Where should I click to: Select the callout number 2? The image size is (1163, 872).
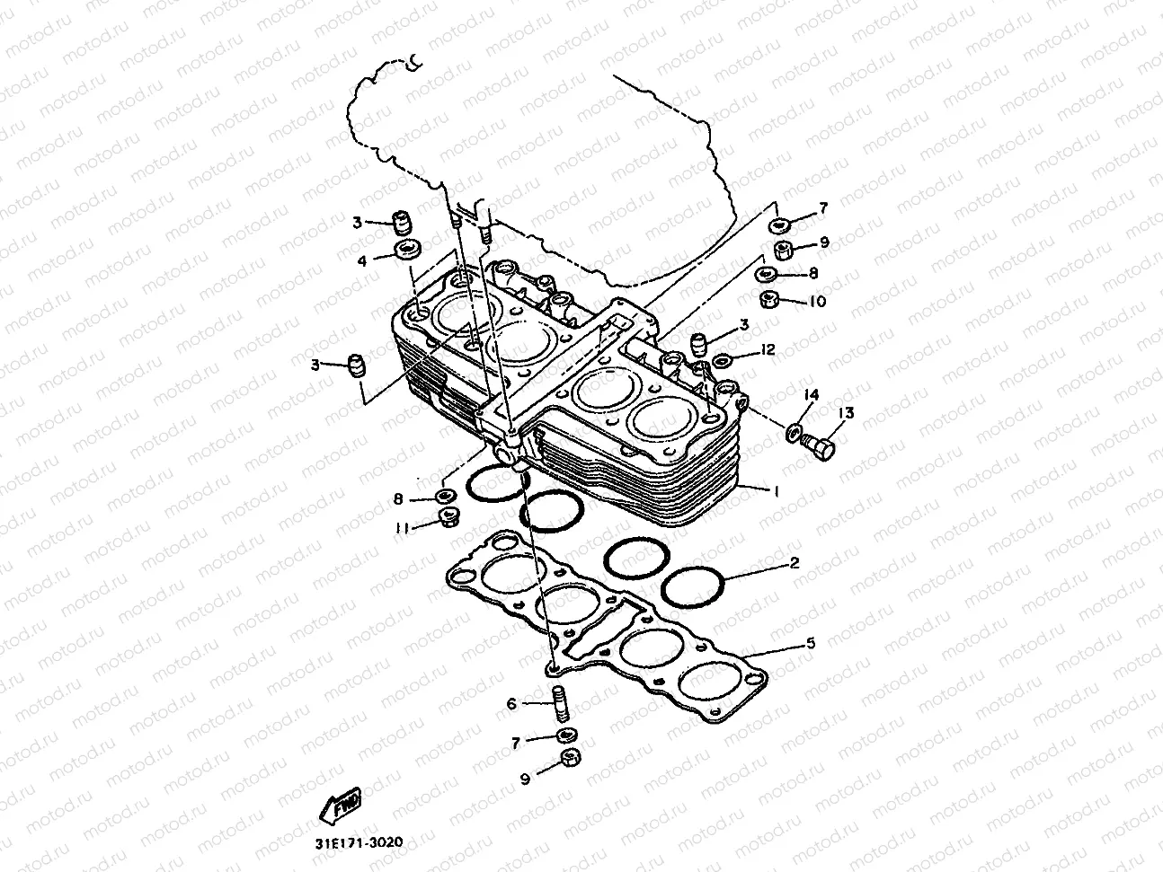(x=794, y=564)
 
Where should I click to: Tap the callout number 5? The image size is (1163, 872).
(x=810, y=643)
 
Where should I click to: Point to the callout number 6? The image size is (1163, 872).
(x=511, y=704)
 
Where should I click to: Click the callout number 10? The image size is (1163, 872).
(x=817, y=302)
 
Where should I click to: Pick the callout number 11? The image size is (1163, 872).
(x=404, y=528)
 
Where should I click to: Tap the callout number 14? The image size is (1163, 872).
(x=812, y=394)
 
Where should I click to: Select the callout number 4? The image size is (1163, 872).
(x=362, y=261)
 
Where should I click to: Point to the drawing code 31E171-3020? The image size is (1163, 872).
(x=359, y=844)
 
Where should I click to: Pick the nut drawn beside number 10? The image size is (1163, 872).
(x=768, y=299)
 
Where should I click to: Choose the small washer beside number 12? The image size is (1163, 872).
(x=722, y=362)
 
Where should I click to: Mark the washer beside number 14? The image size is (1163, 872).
(x=794, y=434)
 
